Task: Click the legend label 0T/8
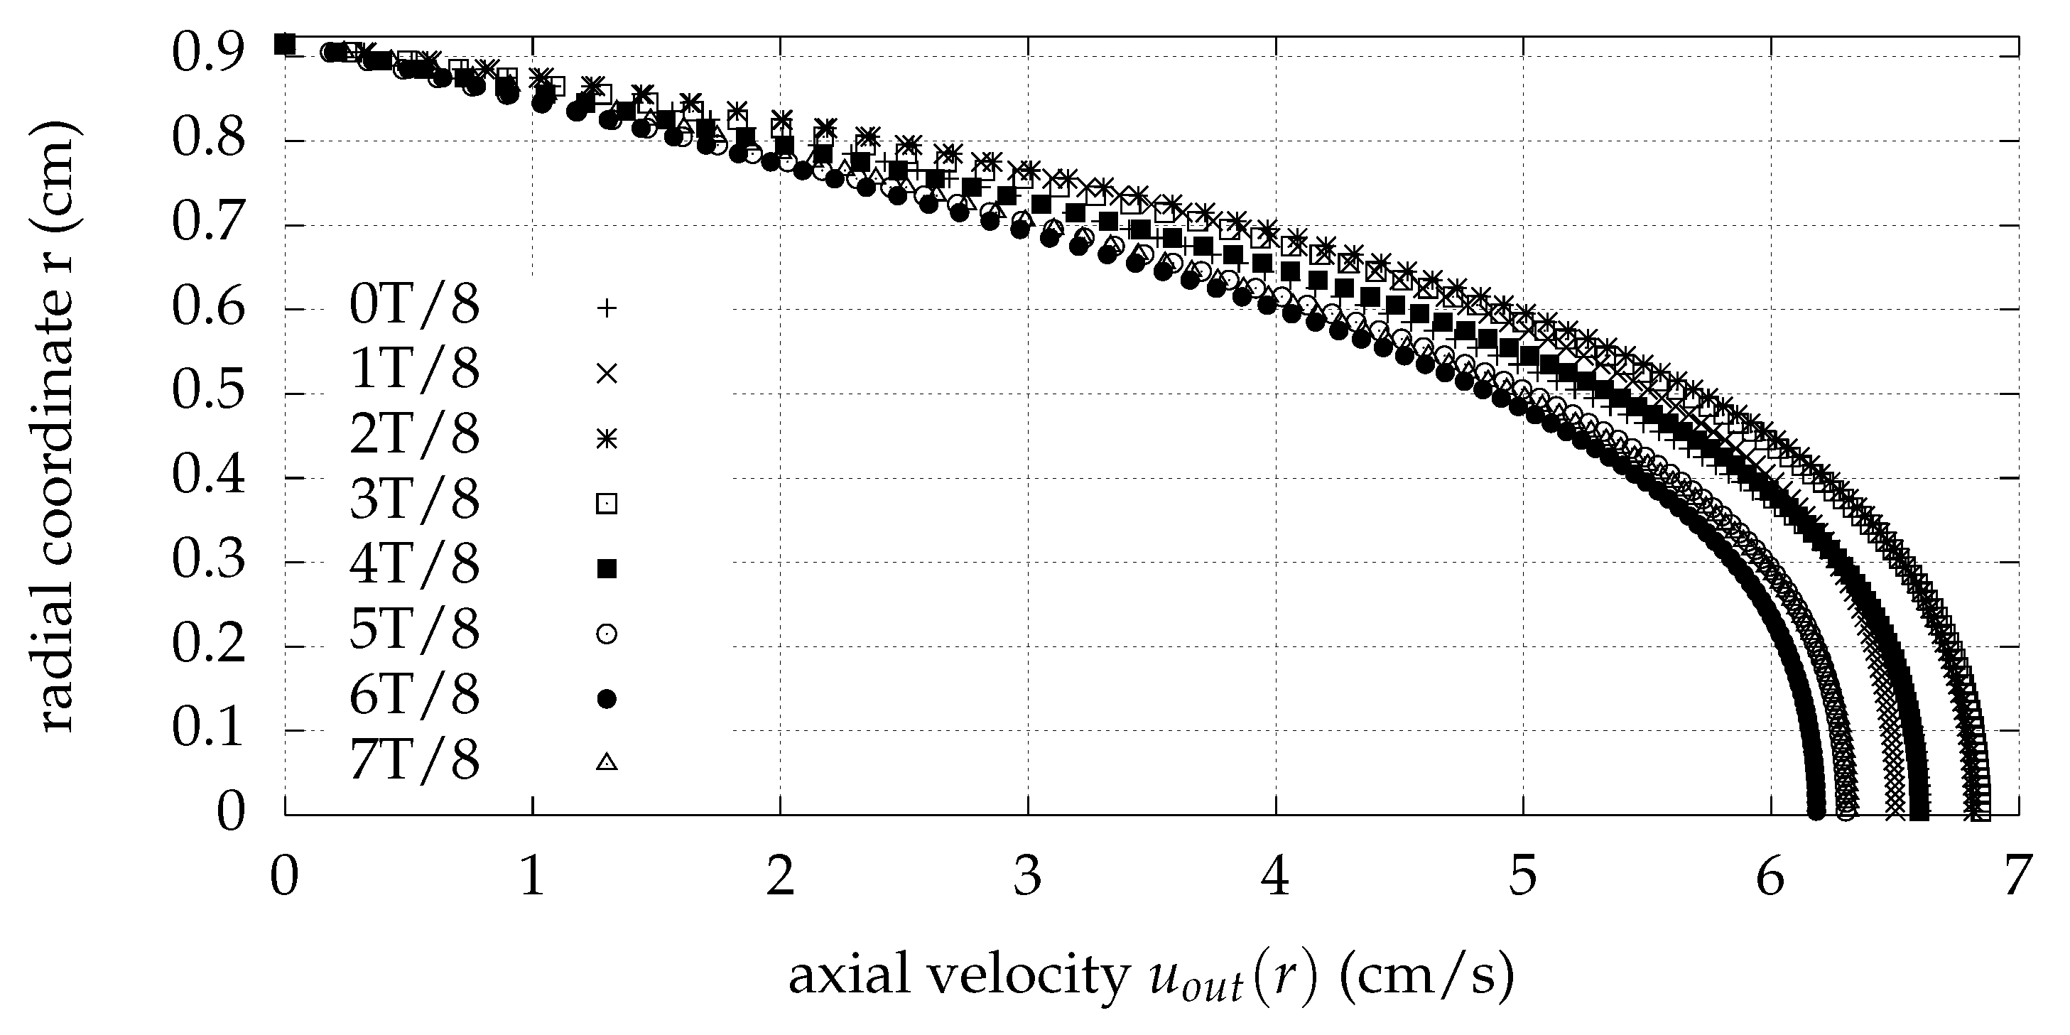click(x=414, y=305)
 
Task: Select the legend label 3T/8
click(x=414, y=500)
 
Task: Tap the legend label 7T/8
click(x=414, y=760)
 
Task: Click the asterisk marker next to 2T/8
click(x=607, y=439)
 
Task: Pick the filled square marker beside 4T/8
click(x=607, y=569)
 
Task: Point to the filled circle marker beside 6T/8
click(x=607, y=699)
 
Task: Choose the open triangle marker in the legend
click(x=607, y=762)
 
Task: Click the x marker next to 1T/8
click(x=607, y=374)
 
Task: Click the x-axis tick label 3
click(x=1027, y=877)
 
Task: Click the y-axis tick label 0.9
click(x=207, y=55)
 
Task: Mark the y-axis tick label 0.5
click(x=207, y=393)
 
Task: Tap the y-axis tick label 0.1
click(x=207, y=730)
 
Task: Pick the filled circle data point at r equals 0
click(x=1815, y=812)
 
